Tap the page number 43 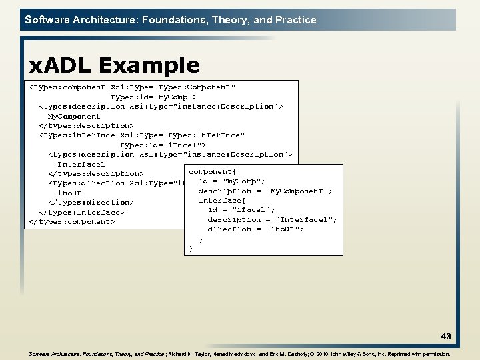445,336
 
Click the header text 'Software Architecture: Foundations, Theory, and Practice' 171,20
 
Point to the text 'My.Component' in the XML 74,116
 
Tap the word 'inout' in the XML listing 69,193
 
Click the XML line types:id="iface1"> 163,145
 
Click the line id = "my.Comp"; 232,181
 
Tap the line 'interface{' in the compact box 222,201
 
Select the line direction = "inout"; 255,229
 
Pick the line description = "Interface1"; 272,219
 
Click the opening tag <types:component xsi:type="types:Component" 133,87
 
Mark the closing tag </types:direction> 91,202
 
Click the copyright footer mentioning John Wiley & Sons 240,355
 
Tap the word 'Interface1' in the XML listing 81,164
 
